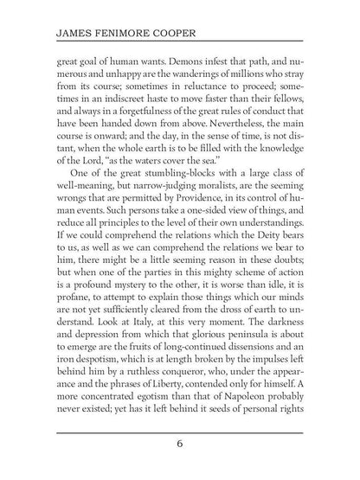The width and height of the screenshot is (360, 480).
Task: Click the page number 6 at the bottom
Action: (179, 445)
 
